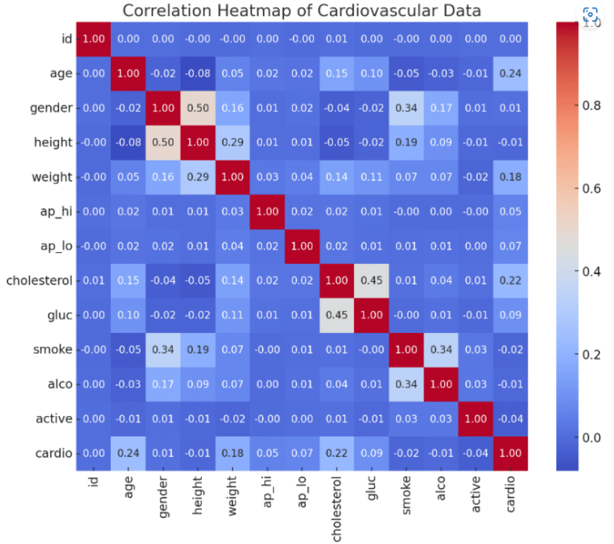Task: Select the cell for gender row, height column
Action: (x=198, y=108)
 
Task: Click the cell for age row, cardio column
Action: (x=510, y=74)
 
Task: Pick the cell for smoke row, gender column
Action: (x=163, y=350)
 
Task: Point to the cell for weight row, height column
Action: (x=198, y=177)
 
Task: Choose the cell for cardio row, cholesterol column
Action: (x=337, y=453)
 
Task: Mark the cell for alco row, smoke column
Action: (x=406, y=384)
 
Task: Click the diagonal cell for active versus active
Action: (x=475, y=419)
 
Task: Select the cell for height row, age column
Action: (x=129, y=143)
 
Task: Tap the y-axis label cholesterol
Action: (x=39, y=281)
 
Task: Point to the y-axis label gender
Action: (x=50, y=108)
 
